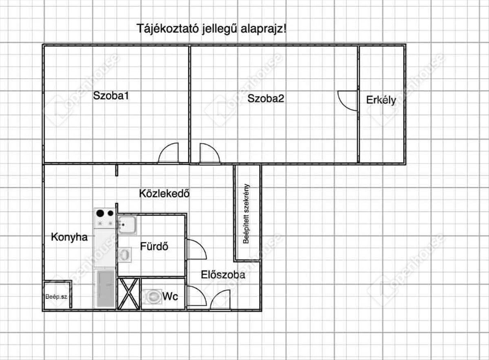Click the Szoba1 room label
111,96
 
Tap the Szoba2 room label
266,98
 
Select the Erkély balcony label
381,100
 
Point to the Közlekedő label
165,193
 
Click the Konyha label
69,237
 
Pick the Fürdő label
154,247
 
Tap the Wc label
170,296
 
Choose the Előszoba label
223,275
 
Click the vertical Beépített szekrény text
246,214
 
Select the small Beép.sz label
56,296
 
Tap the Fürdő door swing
196,250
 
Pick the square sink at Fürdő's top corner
127,225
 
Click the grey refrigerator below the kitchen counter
105,289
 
